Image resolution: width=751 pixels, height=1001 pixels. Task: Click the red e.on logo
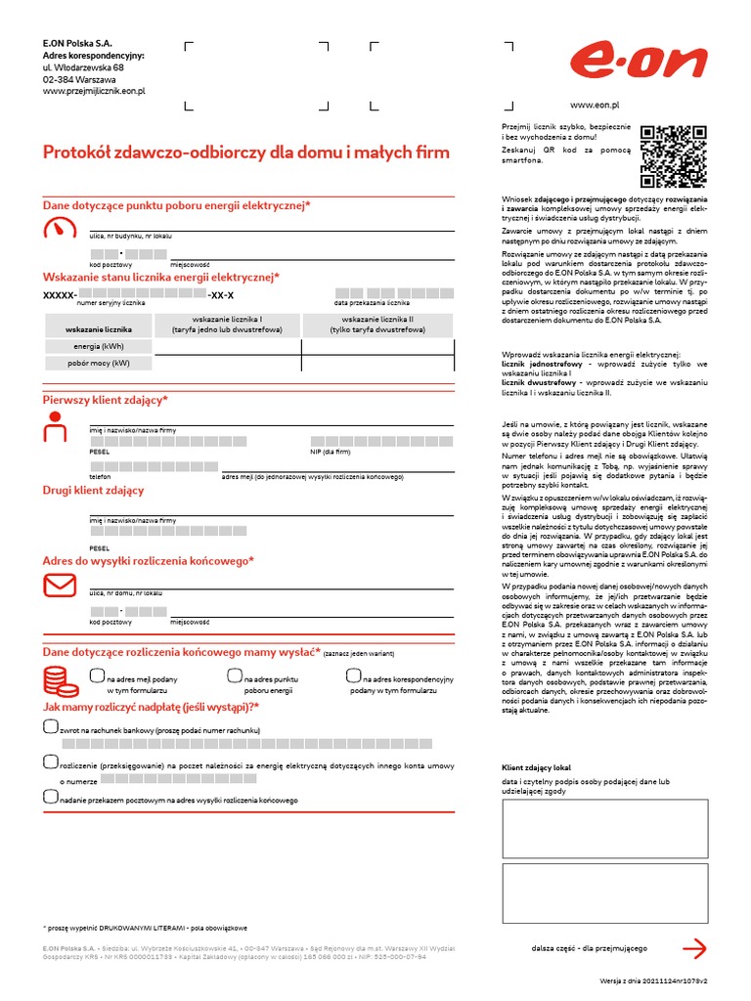pos(639,63)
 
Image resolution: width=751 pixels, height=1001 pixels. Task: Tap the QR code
pos(673,156)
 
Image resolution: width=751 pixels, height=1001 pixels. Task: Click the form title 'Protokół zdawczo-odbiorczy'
pos(246,152)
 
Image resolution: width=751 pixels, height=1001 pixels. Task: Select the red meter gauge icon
pos(59,229)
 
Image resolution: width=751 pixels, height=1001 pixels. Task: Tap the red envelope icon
pos(59,585)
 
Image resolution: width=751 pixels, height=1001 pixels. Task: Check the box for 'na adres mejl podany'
pos(96,675)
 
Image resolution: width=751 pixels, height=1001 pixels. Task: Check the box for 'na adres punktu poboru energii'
pos(234,675)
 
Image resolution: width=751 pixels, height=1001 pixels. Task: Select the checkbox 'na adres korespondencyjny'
pos(353,675)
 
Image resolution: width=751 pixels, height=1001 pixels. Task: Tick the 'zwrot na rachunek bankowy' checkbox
pos(51,726)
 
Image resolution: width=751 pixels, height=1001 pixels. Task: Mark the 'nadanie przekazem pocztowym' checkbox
pos(51,796)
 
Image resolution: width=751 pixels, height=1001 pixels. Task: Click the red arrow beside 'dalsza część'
pos(693,947)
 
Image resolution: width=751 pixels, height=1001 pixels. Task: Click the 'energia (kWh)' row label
pos(99,346)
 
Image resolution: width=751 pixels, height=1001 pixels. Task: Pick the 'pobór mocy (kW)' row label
pos(99,363)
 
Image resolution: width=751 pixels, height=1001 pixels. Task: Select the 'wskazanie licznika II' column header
pos(377,325)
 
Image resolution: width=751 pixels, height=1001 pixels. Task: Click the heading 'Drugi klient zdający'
pos(93,490)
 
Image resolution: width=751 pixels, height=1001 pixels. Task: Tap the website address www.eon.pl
pos(595,104)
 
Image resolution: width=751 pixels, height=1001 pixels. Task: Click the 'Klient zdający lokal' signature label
pos(536,768)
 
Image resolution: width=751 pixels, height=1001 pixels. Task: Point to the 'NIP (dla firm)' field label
pos(331,453)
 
